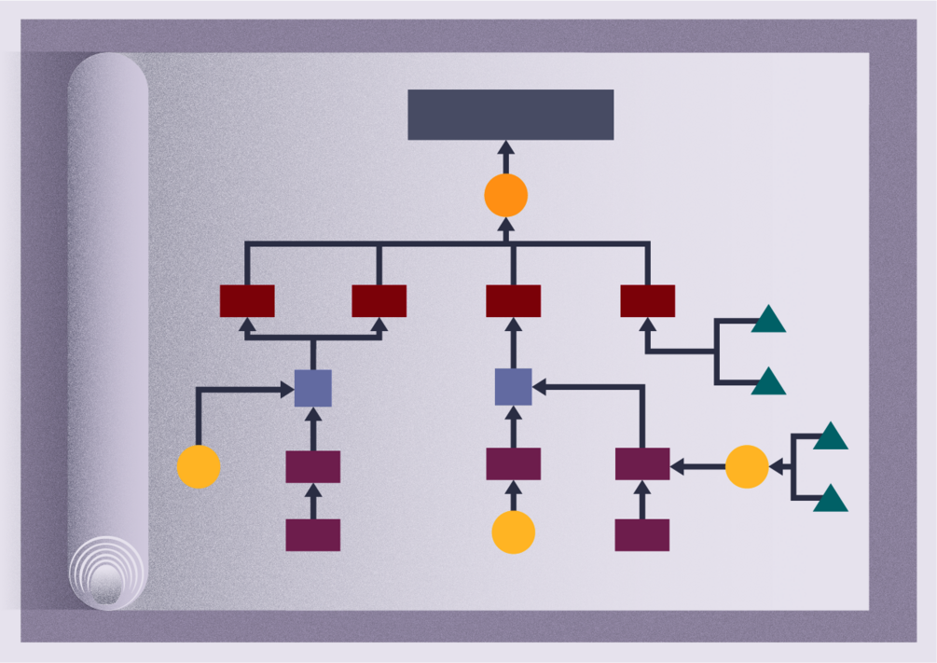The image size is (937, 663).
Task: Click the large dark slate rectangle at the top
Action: tap(510, 115)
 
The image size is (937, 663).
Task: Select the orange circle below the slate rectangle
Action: tap(506, 196)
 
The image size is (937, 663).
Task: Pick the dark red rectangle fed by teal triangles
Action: tap(647, 301)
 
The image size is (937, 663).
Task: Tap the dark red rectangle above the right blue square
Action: tap(513, 301)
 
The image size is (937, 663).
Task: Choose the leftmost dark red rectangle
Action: tap(247, 301)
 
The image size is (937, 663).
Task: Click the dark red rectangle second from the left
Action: tap(379, 301)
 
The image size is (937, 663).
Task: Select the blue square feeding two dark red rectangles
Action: tap(313, 388)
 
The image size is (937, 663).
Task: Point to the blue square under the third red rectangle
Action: tap(513, 387)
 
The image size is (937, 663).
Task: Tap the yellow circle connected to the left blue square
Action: tap(199, 467)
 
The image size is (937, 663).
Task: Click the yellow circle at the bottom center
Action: tap(514, 532)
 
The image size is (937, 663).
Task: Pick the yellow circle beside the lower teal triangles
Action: tap(747, 467)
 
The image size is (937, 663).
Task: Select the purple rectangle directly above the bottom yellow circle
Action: tap(513, 464)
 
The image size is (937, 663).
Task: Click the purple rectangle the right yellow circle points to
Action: tap(642, 464)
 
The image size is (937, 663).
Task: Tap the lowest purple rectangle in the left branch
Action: tap(313, 535)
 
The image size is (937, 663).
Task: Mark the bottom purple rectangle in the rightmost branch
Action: tap(642, 535)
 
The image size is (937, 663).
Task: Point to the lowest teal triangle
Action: tap(831, 501)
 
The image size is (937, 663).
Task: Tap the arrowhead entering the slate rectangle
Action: tap(506, 147)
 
